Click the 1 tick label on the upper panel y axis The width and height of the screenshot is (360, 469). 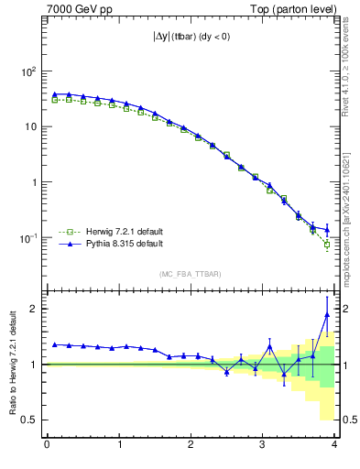(x=35, y=182)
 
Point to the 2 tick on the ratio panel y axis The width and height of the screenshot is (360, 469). (x=35, y=309)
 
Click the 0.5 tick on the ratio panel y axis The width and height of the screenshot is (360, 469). (x=30, y=420)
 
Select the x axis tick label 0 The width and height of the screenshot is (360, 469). (x=47, y=445)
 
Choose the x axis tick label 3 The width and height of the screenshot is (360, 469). (x=263, y=445)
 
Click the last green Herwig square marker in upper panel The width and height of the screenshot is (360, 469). (x=327, y=245)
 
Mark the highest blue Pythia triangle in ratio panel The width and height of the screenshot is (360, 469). (x=327, y=315)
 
